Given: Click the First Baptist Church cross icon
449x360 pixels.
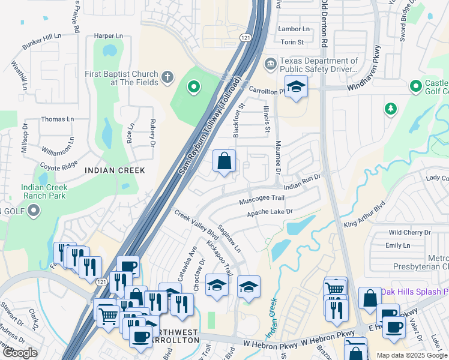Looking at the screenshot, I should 167,77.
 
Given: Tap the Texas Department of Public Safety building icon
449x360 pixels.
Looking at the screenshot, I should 271,63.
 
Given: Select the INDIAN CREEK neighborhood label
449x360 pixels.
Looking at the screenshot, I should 115,170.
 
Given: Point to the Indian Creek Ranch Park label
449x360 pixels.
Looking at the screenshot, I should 44,191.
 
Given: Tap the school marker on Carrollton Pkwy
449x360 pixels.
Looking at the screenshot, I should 296,88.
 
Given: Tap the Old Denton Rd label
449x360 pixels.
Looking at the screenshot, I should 324,24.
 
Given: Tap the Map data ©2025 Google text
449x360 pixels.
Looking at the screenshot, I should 411,355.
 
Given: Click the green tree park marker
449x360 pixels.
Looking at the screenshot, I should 391,109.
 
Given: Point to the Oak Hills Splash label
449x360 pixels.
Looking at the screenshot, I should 414,291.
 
